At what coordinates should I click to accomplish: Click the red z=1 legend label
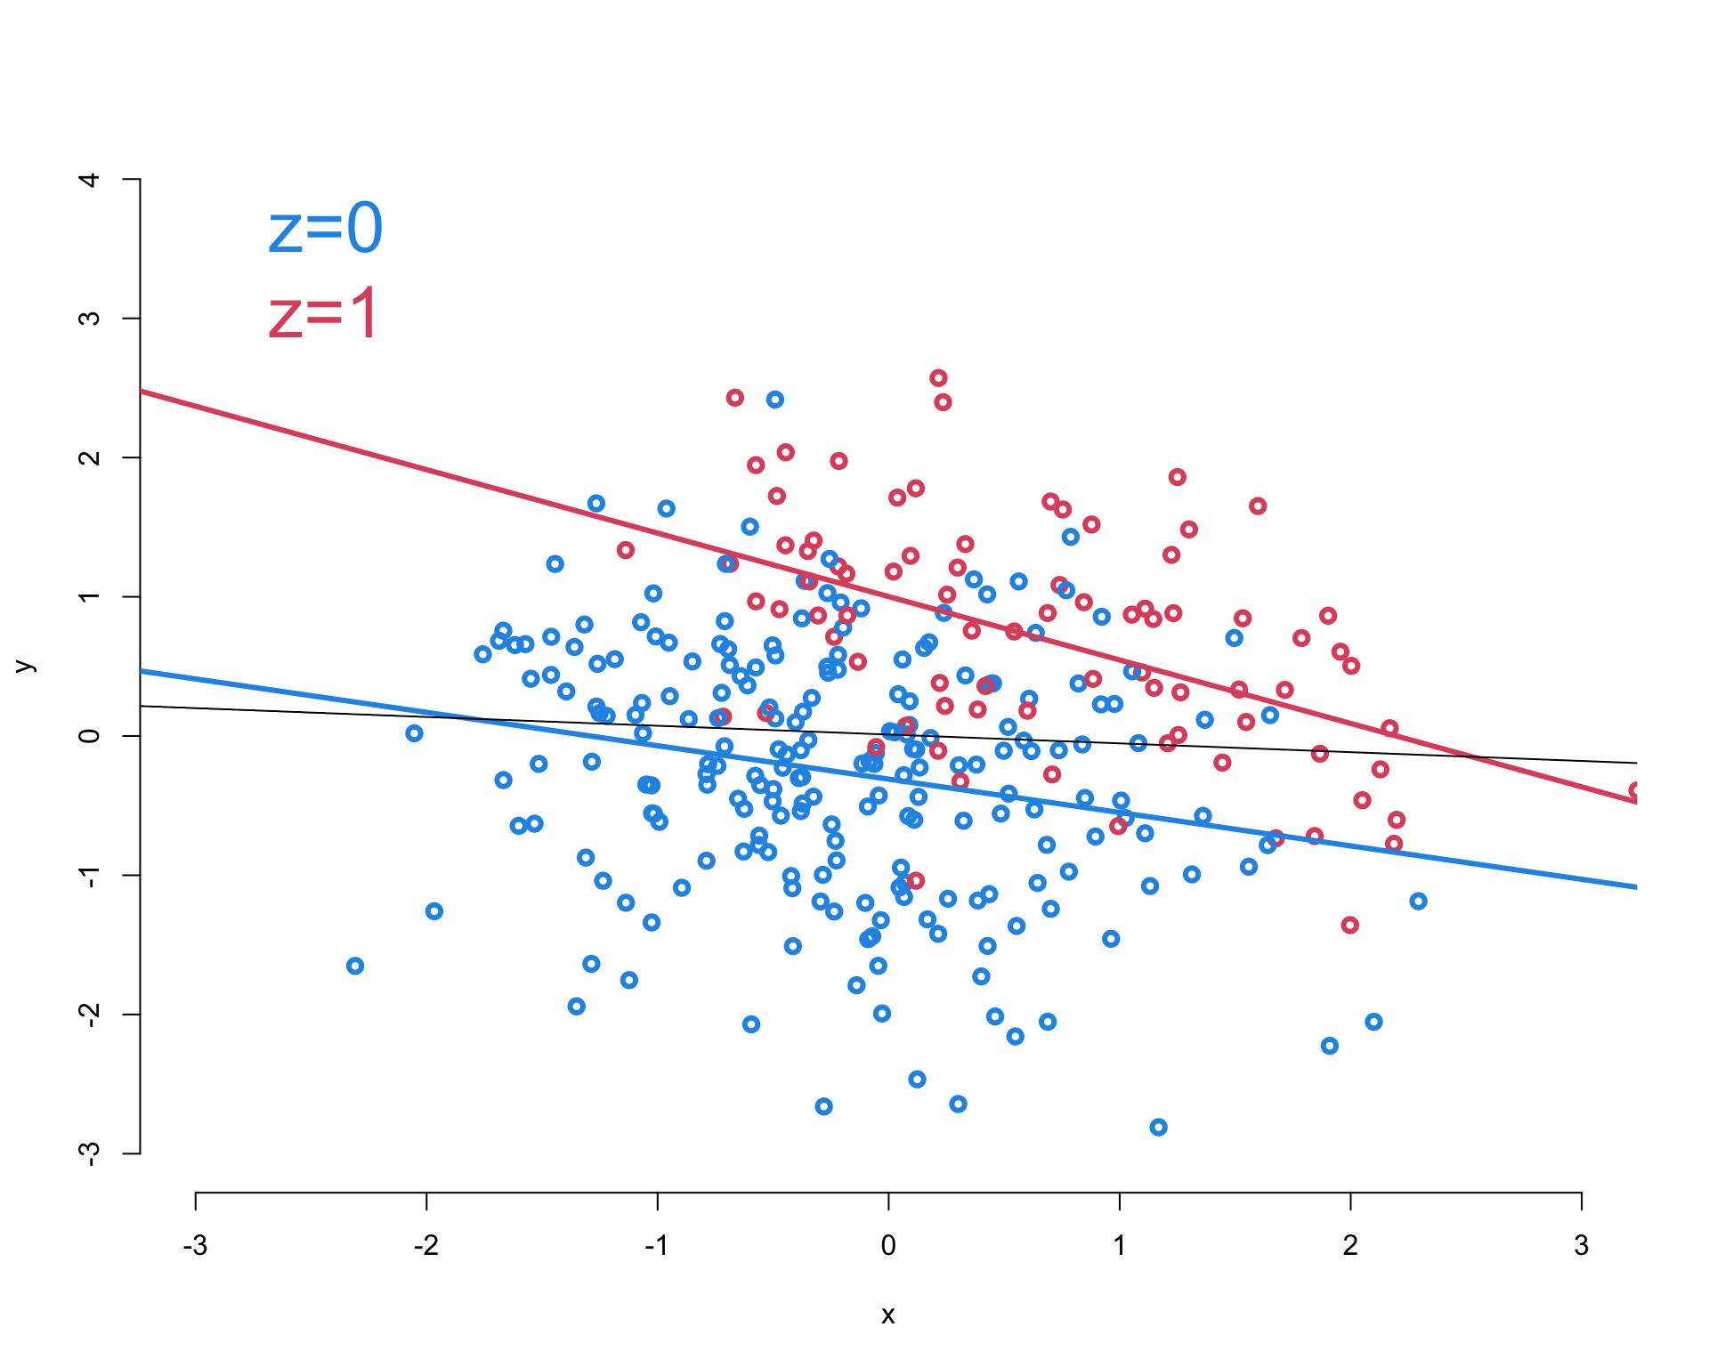323,314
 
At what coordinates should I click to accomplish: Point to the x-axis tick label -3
195,1245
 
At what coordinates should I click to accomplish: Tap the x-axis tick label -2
425,1245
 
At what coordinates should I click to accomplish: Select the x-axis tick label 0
888,1245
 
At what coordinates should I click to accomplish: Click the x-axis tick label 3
1581,1245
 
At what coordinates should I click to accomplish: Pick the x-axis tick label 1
1119,1245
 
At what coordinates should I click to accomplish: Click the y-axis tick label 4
90,179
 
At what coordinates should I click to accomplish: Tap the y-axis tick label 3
90,318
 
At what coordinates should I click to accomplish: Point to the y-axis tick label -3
90,1153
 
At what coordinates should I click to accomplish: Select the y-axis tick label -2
90,1015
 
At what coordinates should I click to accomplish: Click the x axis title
887,1315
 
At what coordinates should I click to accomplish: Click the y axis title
25,666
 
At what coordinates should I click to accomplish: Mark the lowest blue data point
1158,1127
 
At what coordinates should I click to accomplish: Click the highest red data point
938,378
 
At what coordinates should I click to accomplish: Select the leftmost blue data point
355,966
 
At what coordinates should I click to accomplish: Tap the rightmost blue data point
1418,901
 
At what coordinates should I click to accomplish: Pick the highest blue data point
775,400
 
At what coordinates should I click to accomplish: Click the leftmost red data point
626,550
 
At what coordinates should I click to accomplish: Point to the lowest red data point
1349,925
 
